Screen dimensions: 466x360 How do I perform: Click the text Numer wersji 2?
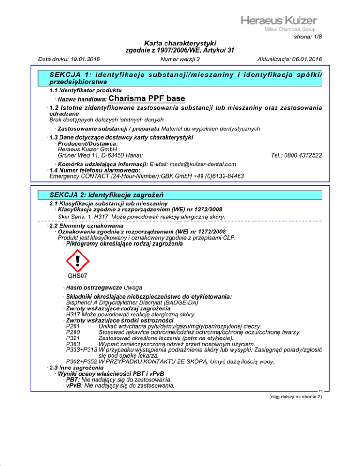180,60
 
